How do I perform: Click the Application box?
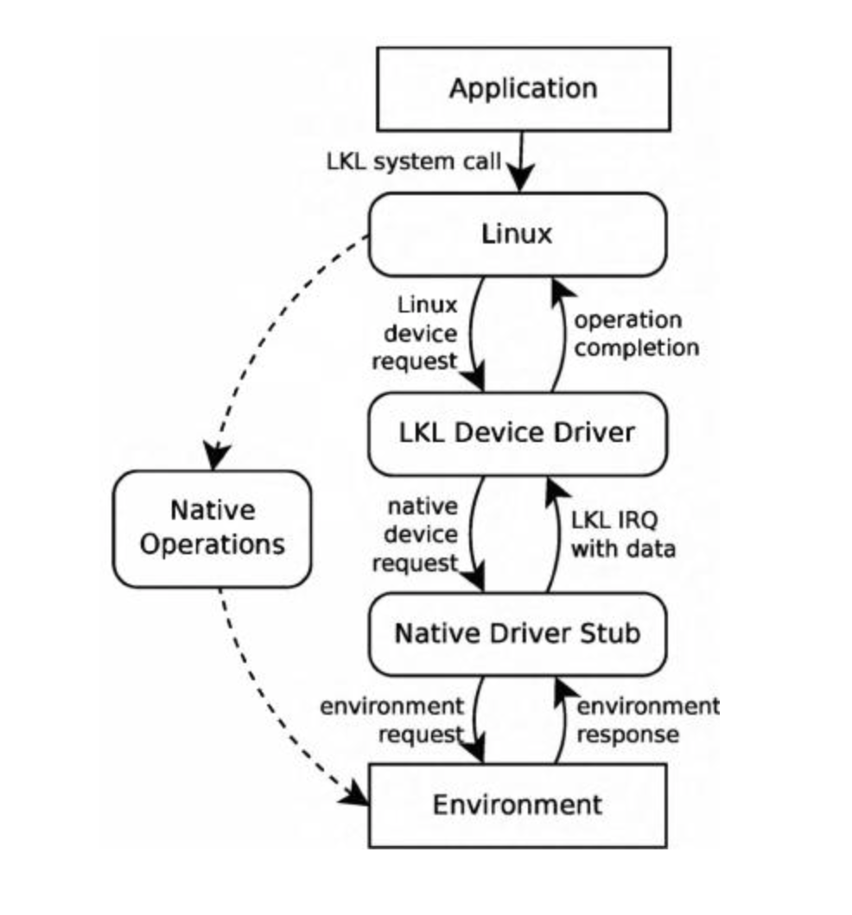tap(523, 89)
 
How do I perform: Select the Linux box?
tap(517, 234)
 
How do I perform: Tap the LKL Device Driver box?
tap(517, 432)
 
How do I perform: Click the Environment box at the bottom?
tap(517, 805)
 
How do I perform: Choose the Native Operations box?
tap(213, 527)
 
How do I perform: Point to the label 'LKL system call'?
tap(413, 161)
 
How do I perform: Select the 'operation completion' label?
tap(636, 333)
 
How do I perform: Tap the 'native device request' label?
tap(421, 534)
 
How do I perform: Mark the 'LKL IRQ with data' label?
tap(622, 534)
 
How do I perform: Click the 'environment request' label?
tap(392, 720)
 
